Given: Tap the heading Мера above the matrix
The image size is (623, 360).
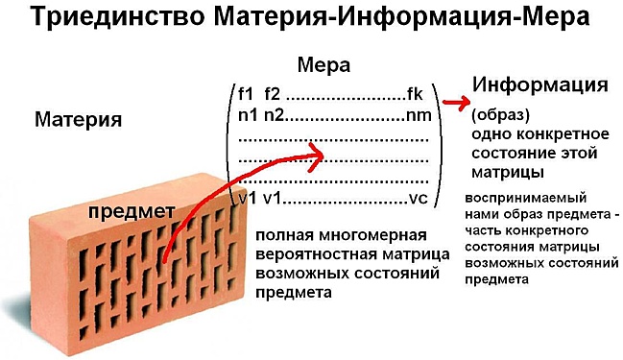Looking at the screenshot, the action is (x=323, y=65).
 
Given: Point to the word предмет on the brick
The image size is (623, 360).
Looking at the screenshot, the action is (x=131, y=210).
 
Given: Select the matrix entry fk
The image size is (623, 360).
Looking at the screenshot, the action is (x=415, y=95).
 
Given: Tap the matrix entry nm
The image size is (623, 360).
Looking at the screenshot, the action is (x=416, y=115).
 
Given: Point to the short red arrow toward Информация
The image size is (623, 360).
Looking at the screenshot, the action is (x=455, y=101).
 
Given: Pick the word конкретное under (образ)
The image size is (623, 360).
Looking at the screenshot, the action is (x=552, y=133).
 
